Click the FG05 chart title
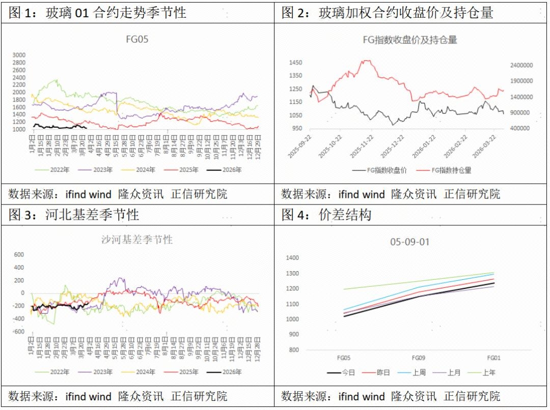137,39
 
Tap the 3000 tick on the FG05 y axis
19,55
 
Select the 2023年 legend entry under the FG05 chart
101,169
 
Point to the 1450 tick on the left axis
295,63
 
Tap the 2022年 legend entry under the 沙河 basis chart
57,372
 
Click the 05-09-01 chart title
410,242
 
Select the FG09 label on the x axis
419,358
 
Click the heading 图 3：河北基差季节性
74,215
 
